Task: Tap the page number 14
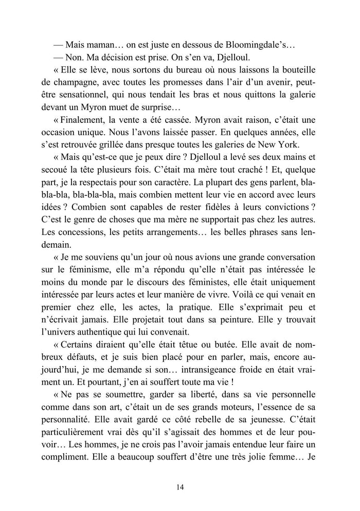point(179,487)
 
